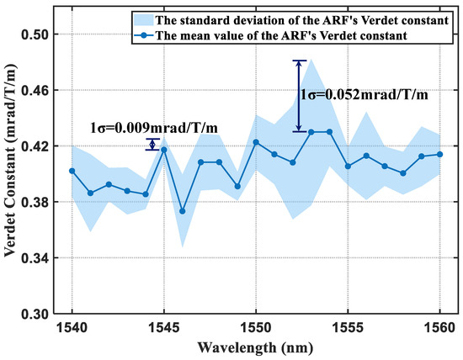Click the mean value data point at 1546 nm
tap(183, 211)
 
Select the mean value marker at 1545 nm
tap(164, 149)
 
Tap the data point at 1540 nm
tap(72, 171)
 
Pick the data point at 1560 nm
tap(440, 154)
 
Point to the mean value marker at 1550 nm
tap(256, 142)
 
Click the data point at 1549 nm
tap(237, 186)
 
